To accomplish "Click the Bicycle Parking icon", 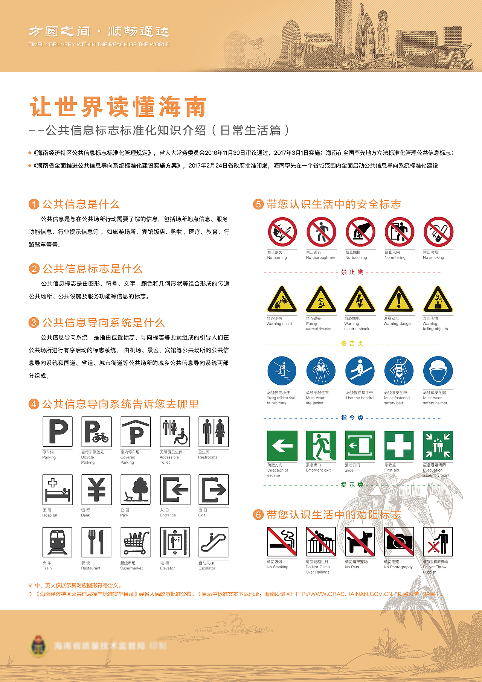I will pos(96,432).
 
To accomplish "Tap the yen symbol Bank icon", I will pos(96,489).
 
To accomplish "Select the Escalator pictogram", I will pos(213,542).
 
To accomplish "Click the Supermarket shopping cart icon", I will pos(136,542).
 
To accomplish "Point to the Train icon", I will pos(57,542).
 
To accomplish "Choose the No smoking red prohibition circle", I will pos(438,232).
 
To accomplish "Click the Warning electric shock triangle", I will pos(360,300).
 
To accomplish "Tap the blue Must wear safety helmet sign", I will pos(438,371).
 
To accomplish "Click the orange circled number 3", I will pos(34,323).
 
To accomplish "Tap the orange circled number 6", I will pos(258,515).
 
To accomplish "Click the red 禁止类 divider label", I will pos(352,272).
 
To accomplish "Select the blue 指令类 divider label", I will pos(352,418).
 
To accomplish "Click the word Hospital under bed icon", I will pos(50,515).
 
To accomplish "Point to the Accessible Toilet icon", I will pos(175,432).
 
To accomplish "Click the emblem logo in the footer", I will pos(39,646).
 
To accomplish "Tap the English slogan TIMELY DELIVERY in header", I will pos(99,44).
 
